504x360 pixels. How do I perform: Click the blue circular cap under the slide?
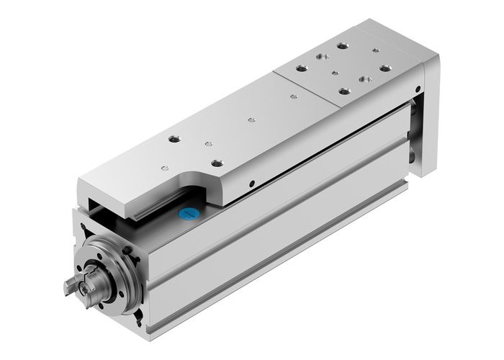[x=188, y=214]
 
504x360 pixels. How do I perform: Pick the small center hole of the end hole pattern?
[x=336, y=73]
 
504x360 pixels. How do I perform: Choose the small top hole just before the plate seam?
[x=293, y=96]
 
